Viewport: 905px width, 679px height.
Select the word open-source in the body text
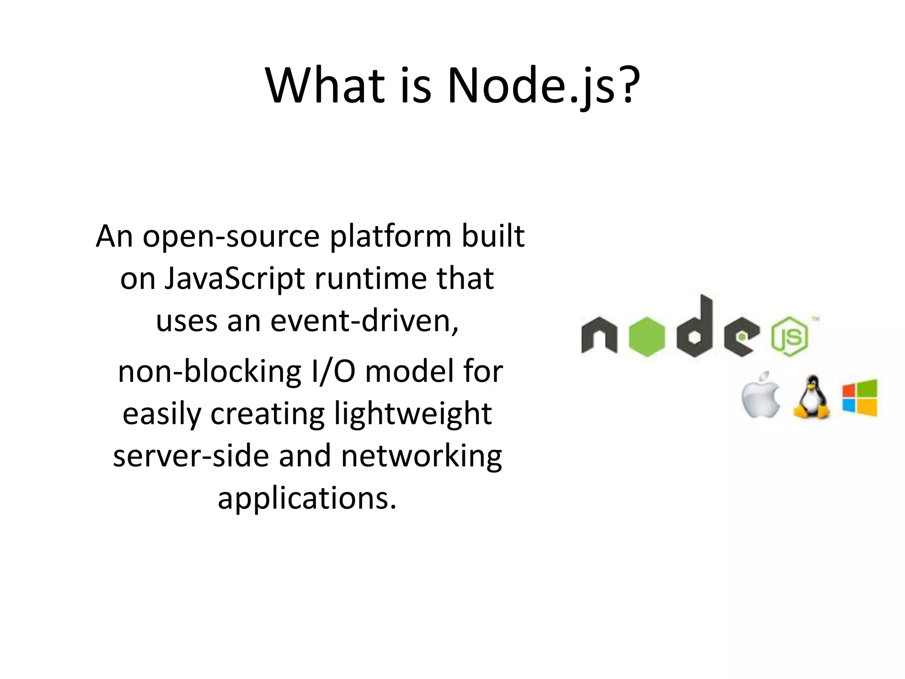[231, 237]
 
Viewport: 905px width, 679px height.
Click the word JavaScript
[234, 279]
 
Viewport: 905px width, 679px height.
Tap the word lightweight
[413, 414]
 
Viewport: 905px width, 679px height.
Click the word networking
[422, 456]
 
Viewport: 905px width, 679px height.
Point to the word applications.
[307, 499]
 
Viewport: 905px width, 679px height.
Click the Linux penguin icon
[811, 397]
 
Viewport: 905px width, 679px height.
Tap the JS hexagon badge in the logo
[789, 337]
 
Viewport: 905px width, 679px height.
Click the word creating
[267, 414]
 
